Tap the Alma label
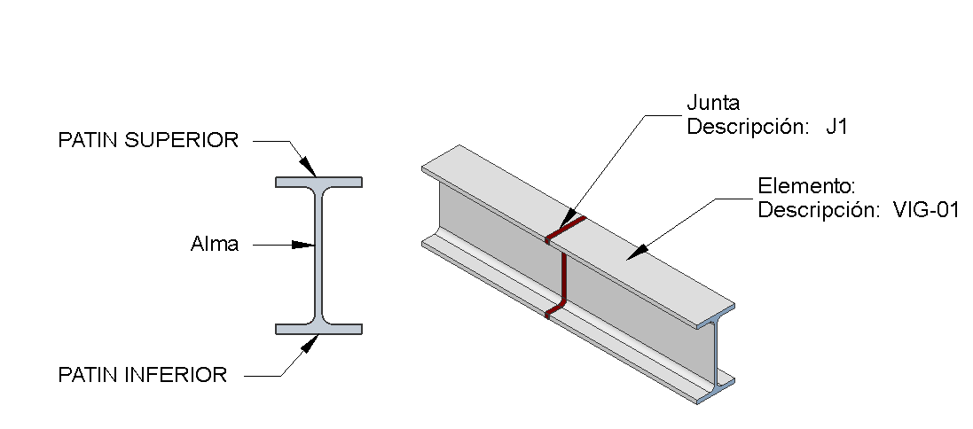pyautogui.click(x=215, y=245)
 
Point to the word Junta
pyautogui.click(x=713, y=104)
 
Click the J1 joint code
pyautogui.click(x=836, y=127)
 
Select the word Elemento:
pyautogui.click(x=804, y=187)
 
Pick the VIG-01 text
pyautogui.click(x=926, y=211)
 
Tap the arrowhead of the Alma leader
pyautogui.click(x=305, y=245)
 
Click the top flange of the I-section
pyautogui.click(x=318, y=182)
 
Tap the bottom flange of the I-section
pyautogui.click(x=318, y=329)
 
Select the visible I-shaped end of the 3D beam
pyautogui.click(x=716, y=355)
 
